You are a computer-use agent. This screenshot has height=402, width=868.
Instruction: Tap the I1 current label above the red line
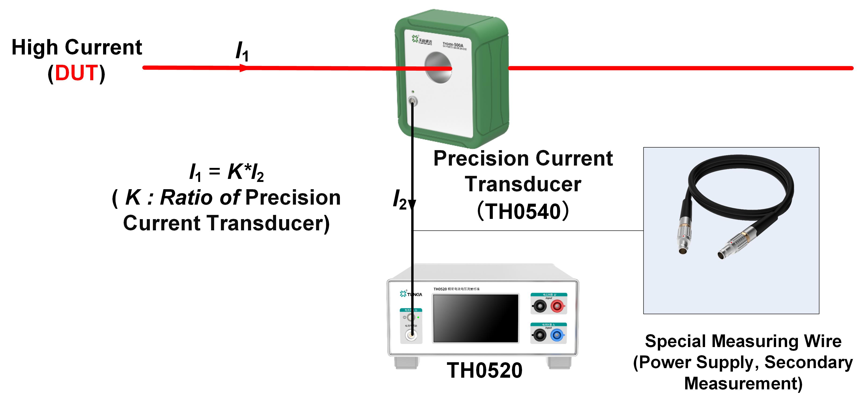coord(242,51)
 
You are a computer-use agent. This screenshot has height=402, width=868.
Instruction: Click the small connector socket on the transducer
coord(412,101)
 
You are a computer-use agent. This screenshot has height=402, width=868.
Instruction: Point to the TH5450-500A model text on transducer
coord(453,45)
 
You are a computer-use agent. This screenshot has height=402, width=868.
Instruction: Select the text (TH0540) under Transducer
coord(523,211)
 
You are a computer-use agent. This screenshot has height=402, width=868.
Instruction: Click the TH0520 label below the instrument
coord(485,371)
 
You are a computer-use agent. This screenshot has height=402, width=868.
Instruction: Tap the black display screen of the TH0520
coord(475,318)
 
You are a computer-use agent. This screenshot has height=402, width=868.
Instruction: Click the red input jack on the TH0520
coord(557,306)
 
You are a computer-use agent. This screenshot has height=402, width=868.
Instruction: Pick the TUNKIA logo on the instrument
coord(411,294)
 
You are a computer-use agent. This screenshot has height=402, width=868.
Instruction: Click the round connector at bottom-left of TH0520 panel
coord(411,335)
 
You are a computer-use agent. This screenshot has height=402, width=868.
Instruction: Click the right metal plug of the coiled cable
coord(734,244)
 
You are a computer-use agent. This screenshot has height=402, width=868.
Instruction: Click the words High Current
coord(77,47)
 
